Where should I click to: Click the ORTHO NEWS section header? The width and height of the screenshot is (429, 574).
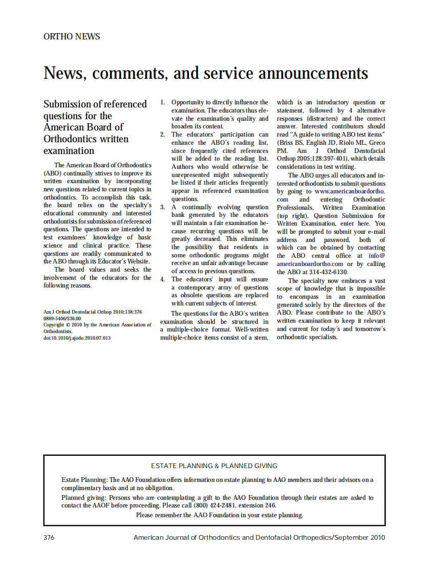click(72, 37)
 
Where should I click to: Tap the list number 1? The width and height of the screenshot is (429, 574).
click(162, 103)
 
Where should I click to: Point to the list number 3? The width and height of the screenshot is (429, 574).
click(162, 207)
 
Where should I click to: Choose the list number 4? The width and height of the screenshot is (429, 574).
click(162, 279)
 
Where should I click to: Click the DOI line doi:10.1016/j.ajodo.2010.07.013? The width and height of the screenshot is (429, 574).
click(77, 338)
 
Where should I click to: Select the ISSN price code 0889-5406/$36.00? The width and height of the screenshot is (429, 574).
click(62, 318)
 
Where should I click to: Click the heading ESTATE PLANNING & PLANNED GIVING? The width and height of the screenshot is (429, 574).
click(214, 466)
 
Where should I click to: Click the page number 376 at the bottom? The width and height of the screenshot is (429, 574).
click(49, 538)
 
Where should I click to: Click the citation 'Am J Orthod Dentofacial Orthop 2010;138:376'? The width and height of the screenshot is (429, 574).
click(93, 312)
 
